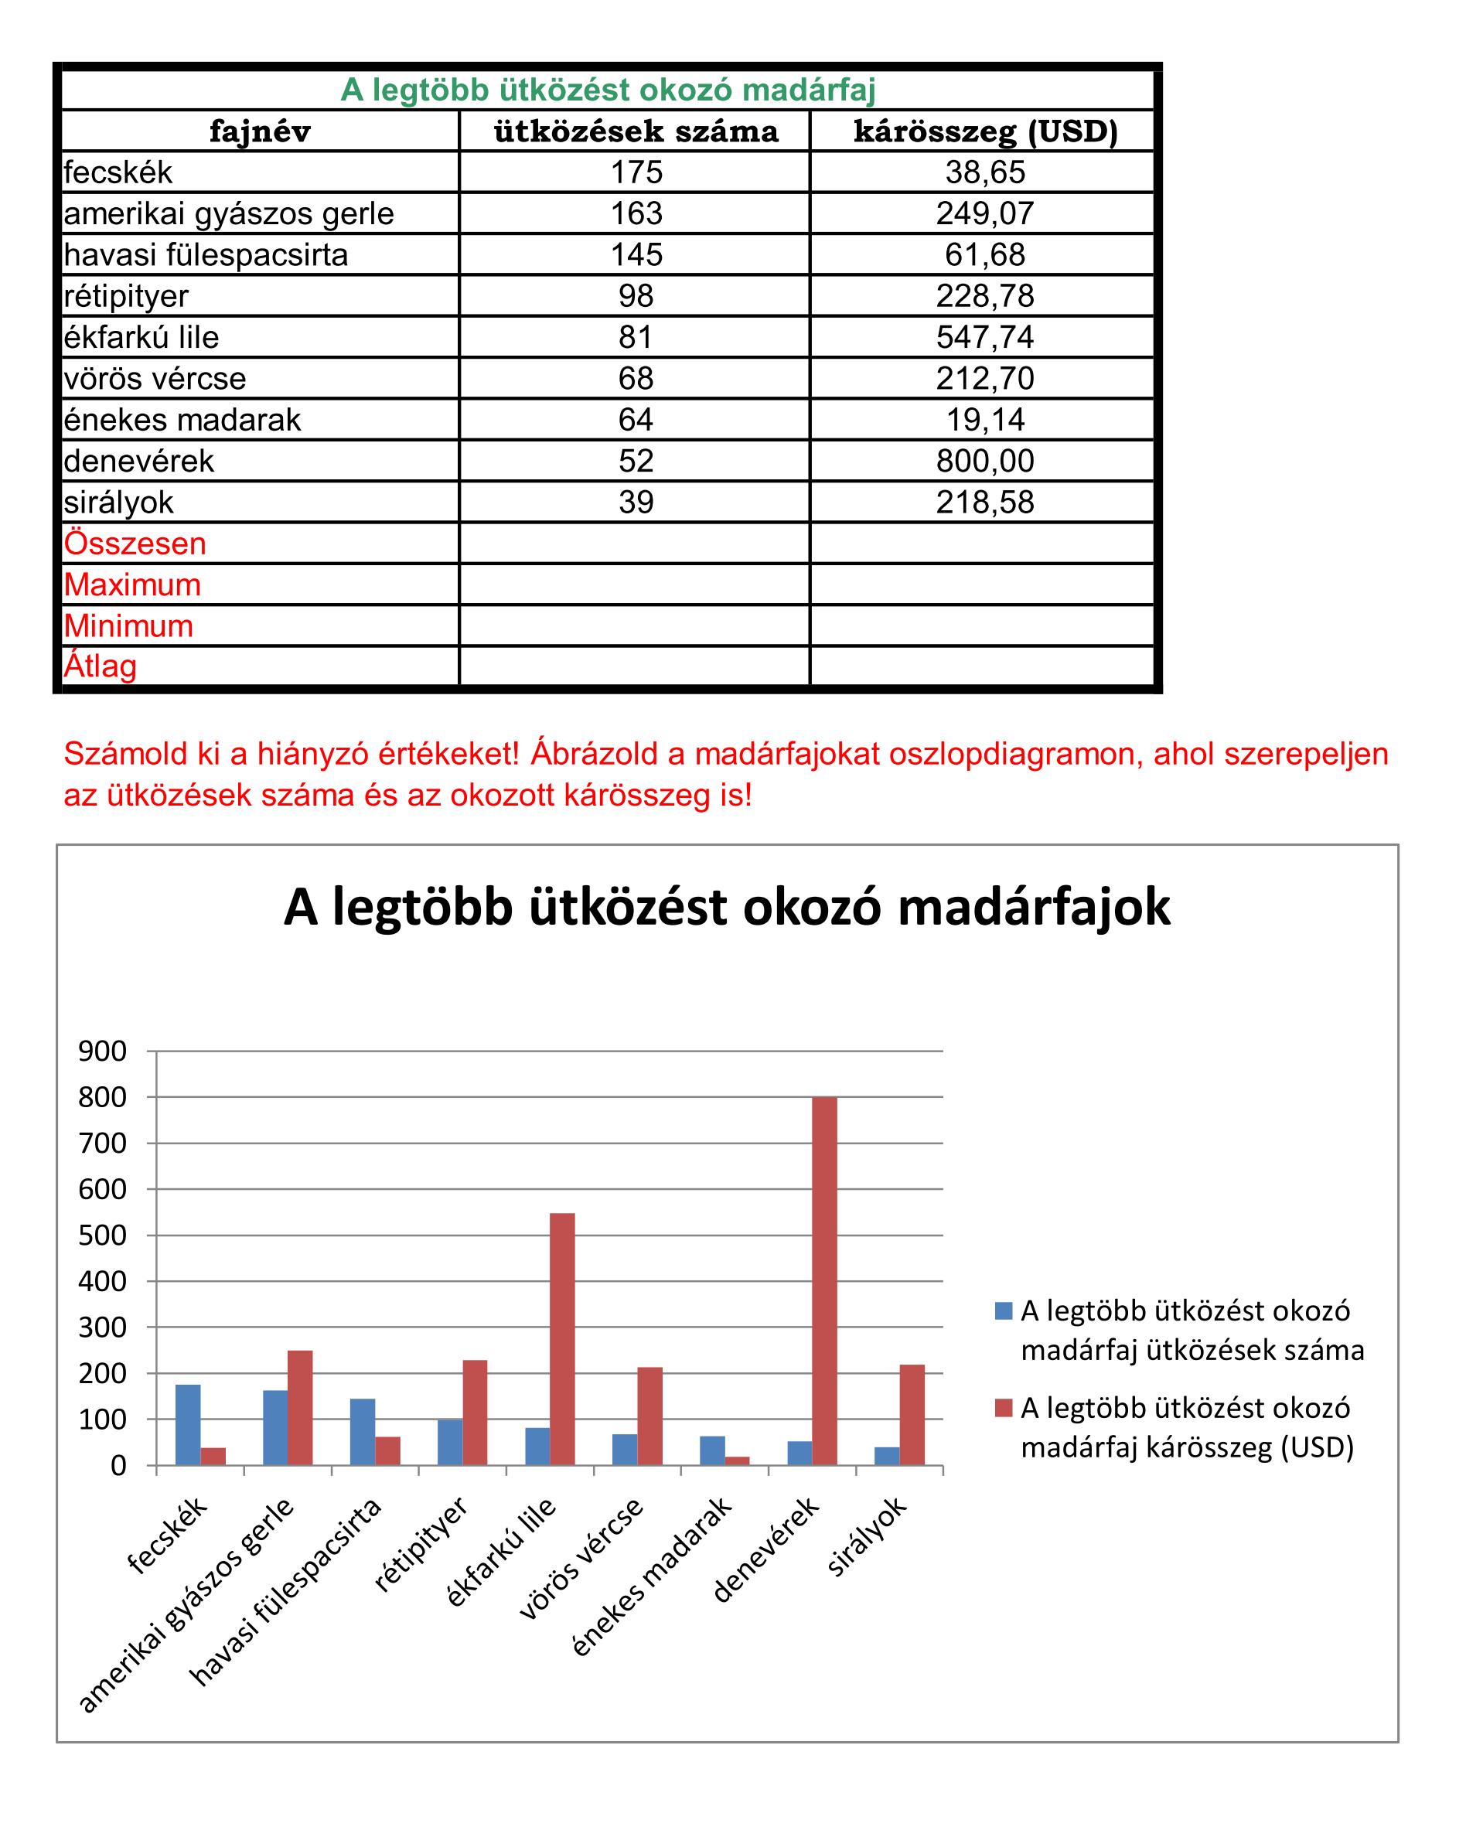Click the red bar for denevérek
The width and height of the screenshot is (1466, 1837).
[823, 1280]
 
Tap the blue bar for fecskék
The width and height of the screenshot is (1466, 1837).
[189, 1425]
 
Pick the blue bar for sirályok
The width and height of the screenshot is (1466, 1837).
[888, 1456]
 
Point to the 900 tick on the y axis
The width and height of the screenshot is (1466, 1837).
[102, 1051]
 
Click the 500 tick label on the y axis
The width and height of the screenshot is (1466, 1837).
[102, 1235]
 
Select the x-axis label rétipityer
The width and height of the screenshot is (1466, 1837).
[422, 1543]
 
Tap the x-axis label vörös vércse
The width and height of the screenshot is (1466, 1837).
[582, 1559]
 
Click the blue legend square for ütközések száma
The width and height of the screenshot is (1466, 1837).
[1003, 1311]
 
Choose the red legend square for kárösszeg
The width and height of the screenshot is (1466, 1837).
[1003, 1409]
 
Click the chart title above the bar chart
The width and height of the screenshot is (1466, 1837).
[726, 908]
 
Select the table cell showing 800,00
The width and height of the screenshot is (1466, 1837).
[984, 461]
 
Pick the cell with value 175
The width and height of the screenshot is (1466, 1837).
[636, 172]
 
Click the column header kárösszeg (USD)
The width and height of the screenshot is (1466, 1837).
[984, 131]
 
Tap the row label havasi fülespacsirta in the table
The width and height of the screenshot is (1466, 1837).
[206, 255]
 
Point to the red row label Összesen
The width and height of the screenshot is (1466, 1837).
[135, 544]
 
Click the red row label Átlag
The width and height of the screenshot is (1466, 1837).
[101, 666]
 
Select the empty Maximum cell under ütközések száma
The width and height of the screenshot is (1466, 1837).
[634, 584]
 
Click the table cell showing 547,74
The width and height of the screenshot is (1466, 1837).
[984, 337]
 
